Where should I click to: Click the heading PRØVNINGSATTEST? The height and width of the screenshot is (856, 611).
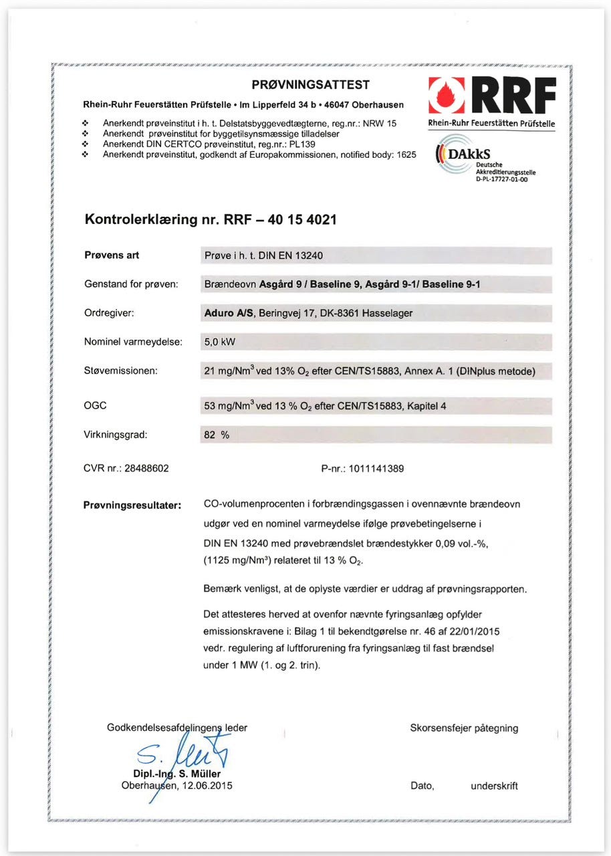pos(310,85)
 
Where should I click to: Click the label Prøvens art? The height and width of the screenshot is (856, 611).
pos(112,255)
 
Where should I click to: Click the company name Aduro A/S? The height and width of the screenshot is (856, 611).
pos(228,312)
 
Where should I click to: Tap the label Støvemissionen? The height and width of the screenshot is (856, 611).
pos(120,370)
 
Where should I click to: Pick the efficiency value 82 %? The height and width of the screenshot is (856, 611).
pos(216,434)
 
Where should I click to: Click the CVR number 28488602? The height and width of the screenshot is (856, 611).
pos(146,468)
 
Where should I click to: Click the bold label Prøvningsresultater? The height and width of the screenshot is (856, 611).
pos(132,504)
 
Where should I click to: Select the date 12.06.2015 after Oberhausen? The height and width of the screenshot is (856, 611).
pos(207,786)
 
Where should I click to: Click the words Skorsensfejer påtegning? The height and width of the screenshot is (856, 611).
pos(464,728)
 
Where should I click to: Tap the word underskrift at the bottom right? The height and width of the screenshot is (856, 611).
pos(494,786)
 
